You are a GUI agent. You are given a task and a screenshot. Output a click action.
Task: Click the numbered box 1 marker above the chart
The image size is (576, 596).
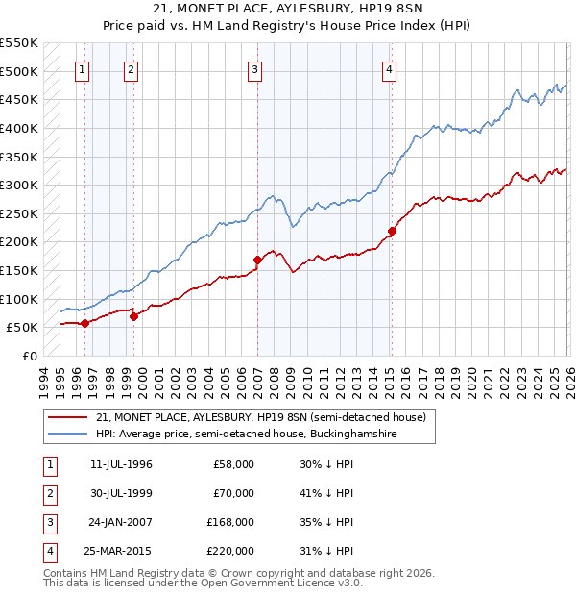click(84, 69)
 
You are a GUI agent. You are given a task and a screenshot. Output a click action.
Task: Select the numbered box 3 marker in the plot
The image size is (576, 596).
click(255, 69)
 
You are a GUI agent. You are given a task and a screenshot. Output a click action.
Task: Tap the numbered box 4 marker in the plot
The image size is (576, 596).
click(389, 69)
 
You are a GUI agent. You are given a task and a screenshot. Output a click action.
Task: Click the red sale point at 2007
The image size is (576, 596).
click(257, 260)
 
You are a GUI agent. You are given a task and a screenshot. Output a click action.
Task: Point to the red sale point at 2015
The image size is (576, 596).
click(392, 231)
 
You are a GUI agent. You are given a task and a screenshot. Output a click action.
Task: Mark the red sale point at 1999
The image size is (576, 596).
click(133, 315)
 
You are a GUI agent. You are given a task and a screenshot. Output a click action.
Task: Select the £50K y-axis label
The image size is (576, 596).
click(22, 328)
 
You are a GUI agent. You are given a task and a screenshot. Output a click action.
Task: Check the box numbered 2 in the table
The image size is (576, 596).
click(49, 493)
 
